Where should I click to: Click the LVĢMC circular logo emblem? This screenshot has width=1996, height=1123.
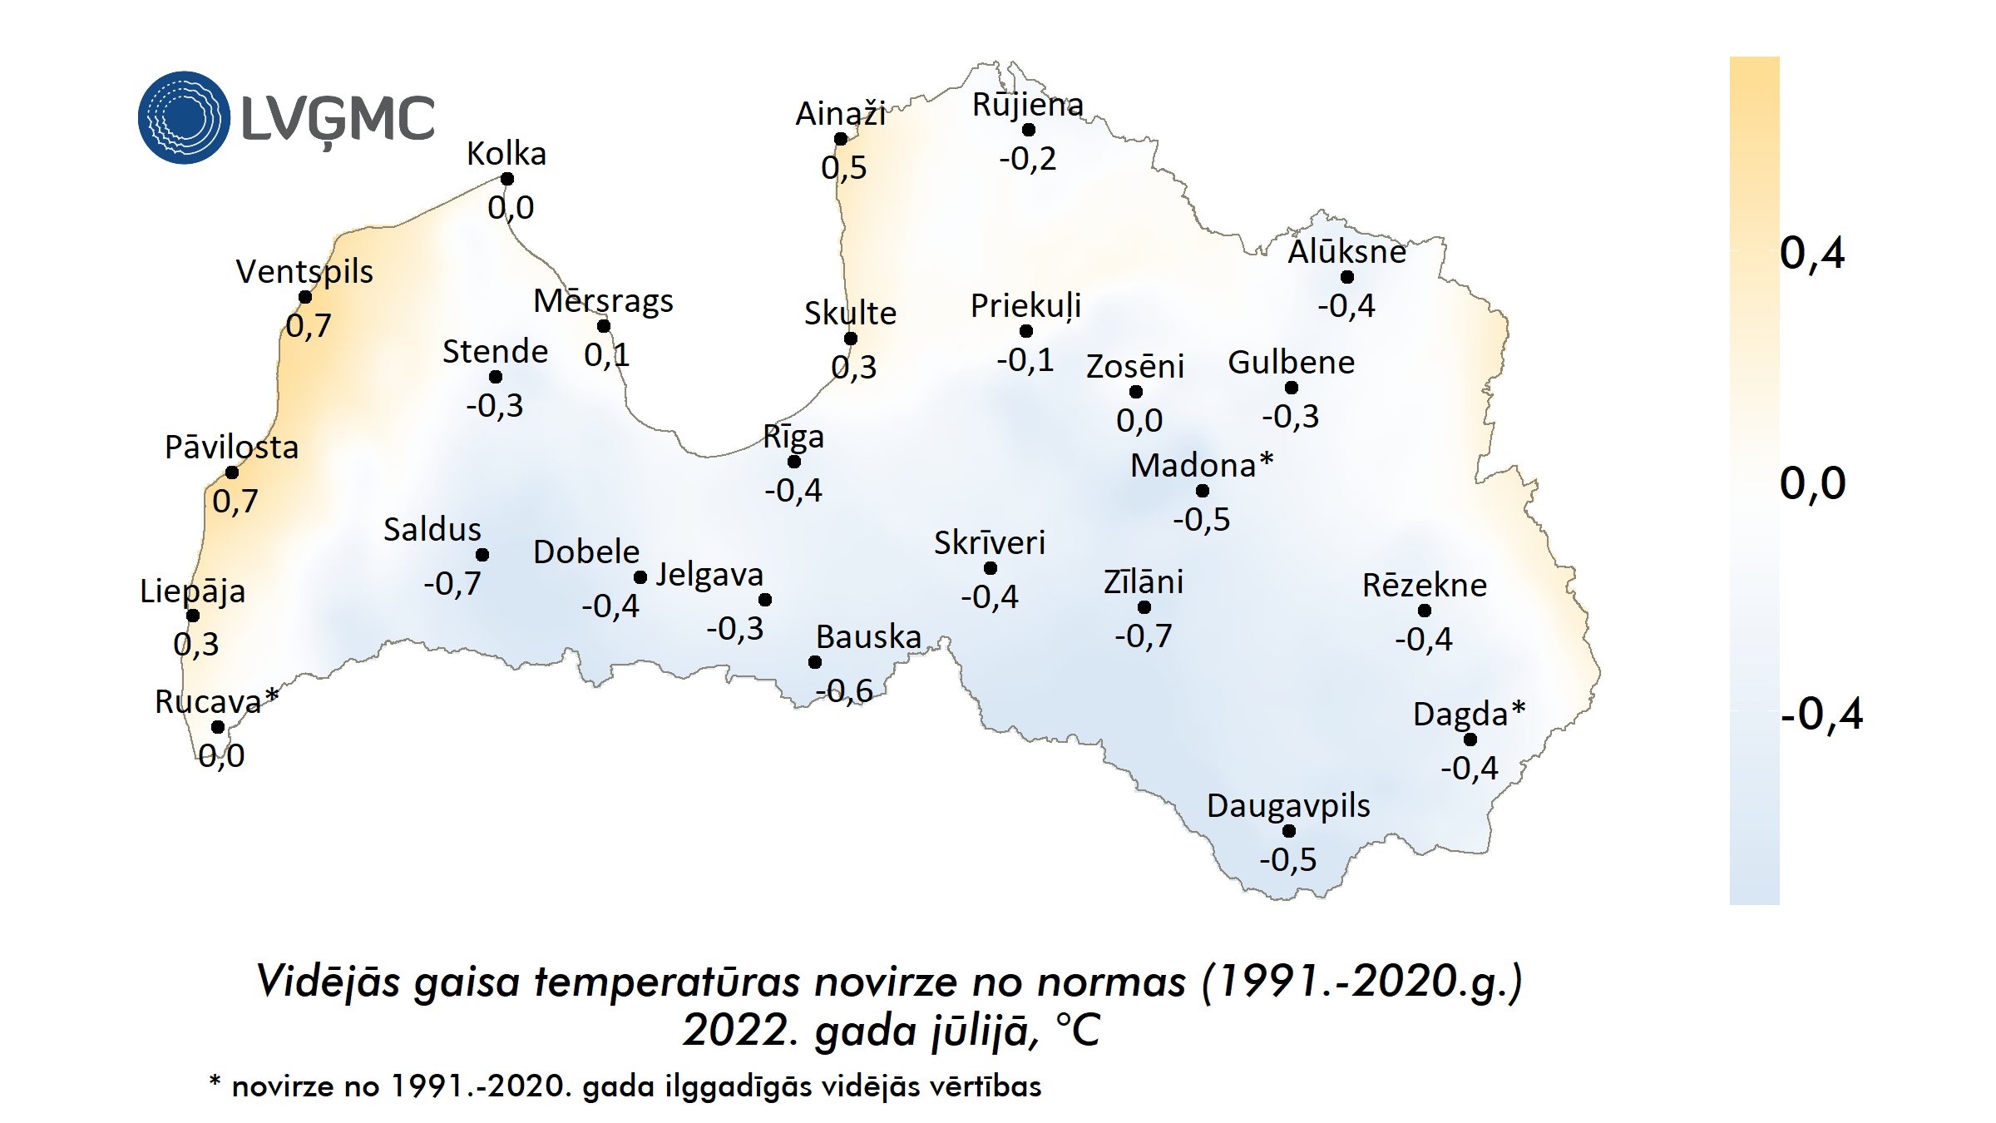184,117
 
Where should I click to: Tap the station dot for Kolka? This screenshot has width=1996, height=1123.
507,179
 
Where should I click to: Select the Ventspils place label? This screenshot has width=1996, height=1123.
304,271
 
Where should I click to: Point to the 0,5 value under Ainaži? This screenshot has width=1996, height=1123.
843,167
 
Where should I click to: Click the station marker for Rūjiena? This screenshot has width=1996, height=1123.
1029,130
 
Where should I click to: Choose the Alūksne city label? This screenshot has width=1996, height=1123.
1346,251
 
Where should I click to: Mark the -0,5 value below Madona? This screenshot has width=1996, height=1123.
1201,519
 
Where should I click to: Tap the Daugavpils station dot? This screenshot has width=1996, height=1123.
1289,831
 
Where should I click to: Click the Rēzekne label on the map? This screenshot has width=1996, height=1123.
1424,586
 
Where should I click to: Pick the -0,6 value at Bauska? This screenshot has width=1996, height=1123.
844,690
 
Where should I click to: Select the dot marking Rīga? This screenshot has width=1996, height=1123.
794,462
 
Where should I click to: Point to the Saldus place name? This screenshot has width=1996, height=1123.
432,529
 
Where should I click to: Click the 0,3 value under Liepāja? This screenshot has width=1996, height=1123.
196,644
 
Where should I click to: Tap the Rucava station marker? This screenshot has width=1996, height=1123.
218,727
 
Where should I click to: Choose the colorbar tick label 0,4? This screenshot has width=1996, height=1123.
1812,253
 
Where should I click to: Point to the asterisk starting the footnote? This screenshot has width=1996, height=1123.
215,1081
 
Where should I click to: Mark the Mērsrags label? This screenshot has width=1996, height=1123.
603,301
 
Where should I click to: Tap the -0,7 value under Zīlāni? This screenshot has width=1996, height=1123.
1143,636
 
